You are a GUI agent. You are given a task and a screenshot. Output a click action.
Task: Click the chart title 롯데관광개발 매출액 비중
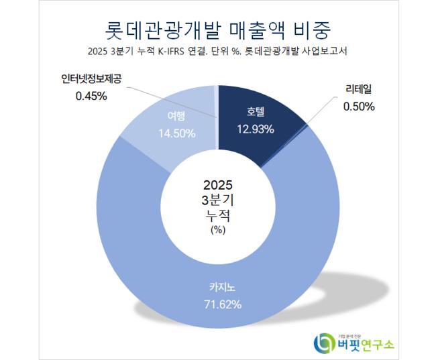tap(219, 29)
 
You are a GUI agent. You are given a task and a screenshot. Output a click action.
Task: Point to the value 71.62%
tap(219, 304)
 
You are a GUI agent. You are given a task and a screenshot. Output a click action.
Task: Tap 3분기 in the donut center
tap(219, 200)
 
